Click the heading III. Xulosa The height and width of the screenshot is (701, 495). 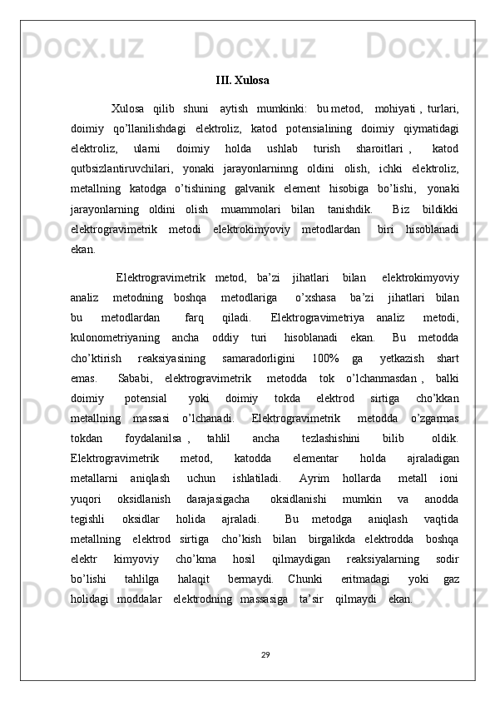pos(242,81)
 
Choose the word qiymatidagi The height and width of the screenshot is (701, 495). pos(430,128)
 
